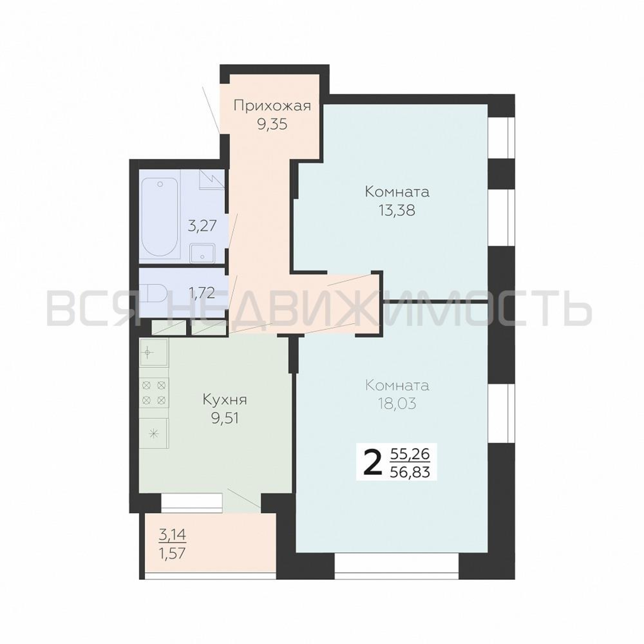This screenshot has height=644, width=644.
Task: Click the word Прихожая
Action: pos(272,107)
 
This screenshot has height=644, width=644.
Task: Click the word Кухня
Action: pos(225,400)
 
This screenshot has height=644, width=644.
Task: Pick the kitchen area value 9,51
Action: pos(225,418)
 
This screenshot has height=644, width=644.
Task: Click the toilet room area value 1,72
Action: pos(201,293)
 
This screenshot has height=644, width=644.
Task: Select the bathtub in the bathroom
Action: pos(159,217)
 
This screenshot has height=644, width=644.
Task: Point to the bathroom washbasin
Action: pos(202,253)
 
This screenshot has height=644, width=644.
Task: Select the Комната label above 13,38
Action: pos(397,192)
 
